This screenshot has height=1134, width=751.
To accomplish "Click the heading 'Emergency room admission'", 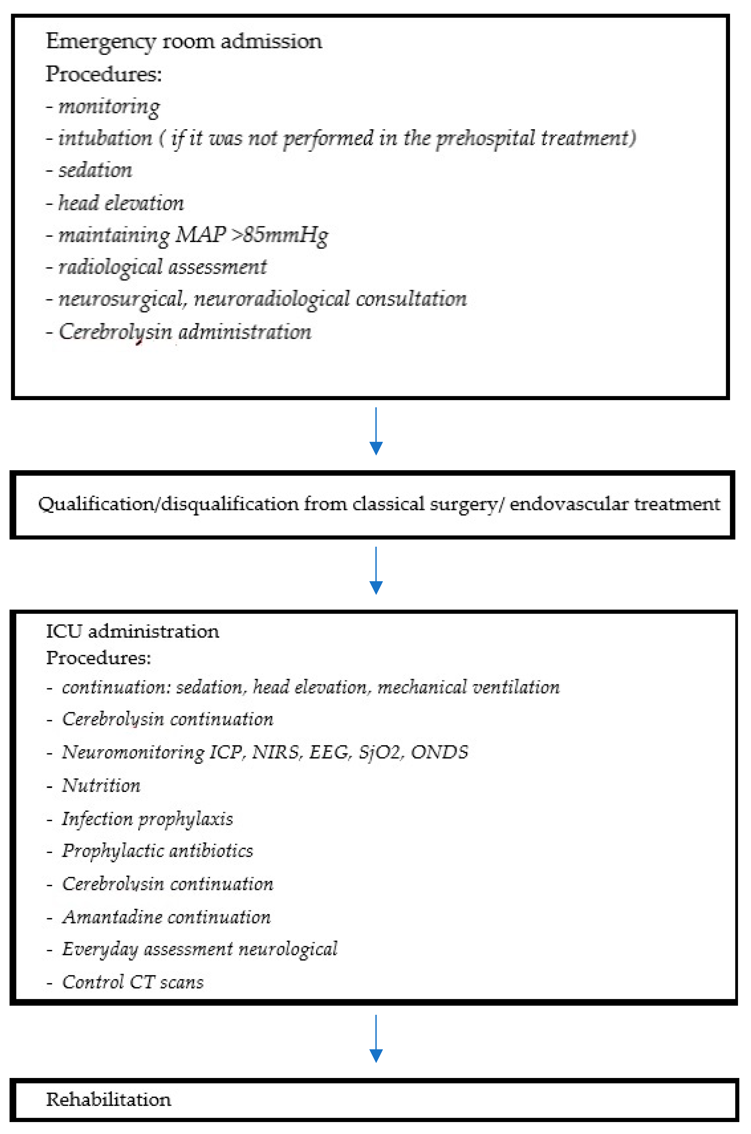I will pyautogui.click(x=184, y=42).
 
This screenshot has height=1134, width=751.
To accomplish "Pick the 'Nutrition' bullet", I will pyautogui.click(x=101, y=785).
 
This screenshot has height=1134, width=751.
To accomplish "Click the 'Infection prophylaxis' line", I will pyautogui.click(x=147, y=819).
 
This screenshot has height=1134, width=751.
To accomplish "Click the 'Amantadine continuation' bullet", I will pyautogui.click(x=166, y=917).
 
